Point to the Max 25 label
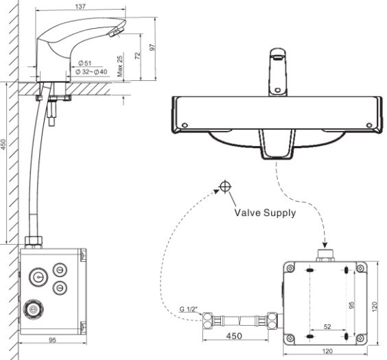[x=119, y=66]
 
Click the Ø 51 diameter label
[x=85, y=63]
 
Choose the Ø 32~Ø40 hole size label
[x=91, y=72]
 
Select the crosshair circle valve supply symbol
[x=225, y=187]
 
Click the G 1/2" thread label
[x=189, y=309]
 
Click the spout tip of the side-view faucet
[x=119, y=29]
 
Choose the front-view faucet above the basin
[x=277, y=71]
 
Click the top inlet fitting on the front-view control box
[x=325, y=256]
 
